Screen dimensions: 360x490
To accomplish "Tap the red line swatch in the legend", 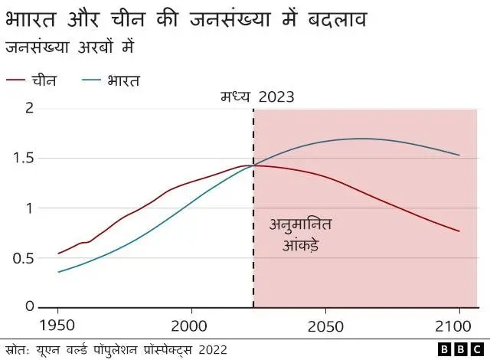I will tap(16, 80).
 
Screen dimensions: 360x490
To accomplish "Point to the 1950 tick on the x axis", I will tap(58, 323).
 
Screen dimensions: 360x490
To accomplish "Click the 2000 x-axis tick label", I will tap(191, 323).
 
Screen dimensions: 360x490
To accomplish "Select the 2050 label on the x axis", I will tap(325, 323).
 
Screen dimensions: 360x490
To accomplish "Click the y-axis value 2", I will tap(30, 108).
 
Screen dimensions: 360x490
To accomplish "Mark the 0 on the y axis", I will tap(30, 307).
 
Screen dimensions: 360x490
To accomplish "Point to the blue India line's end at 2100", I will tap(459, 155).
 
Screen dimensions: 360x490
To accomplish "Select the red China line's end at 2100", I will tap(459, 231).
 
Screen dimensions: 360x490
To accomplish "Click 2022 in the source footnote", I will tap(212, 349).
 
